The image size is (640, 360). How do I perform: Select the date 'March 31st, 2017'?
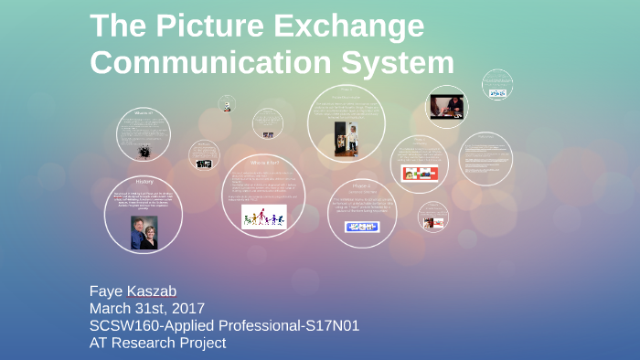146,309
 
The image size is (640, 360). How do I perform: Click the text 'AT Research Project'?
157,343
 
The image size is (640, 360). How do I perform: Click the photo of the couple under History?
144,230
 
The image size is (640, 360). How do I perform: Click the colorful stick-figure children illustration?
263,217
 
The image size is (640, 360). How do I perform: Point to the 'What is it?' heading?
144,113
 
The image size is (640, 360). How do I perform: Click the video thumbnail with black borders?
447,106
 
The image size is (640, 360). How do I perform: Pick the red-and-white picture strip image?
420,173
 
